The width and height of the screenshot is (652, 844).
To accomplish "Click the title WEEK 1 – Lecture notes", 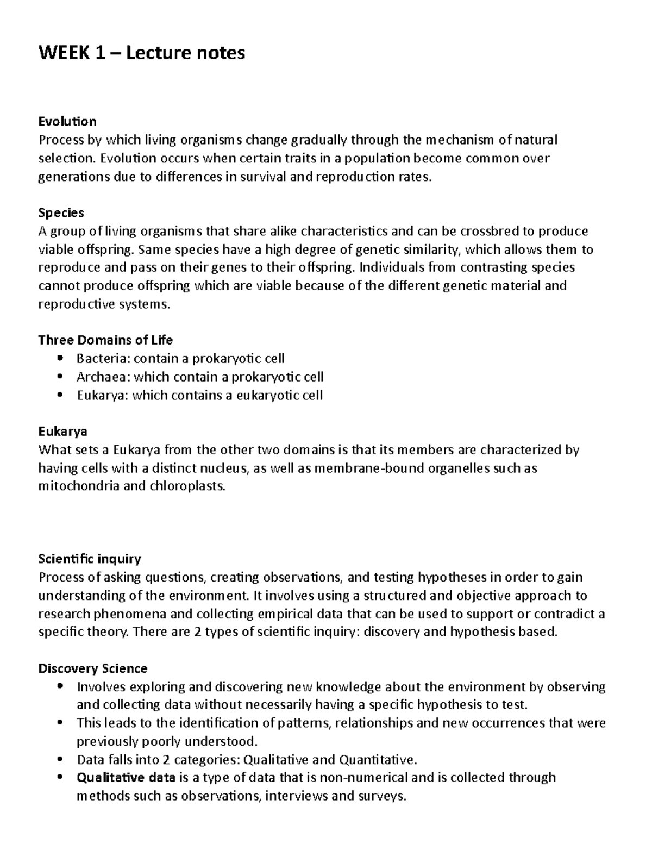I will tap(141, 53).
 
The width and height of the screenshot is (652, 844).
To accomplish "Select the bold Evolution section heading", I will tap(67, 121).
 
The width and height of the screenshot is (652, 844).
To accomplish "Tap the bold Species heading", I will tap(61, 212).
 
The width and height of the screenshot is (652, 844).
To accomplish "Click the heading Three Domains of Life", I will tap(105, 340).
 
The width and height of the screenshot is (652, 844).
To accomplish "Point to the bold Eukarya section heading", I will tap(62, 432).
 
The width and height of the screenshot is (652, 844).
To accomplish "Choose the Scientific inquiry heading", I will tap(90, 559).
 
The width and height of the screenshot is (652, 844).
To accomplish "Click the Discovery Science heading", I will tap(92, 668).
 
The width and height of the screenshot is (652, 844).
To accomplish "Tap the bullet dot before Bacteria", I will tap(60, 358).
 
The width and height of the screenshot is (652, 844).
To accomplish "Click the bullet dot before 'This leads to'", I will tap(60, 723).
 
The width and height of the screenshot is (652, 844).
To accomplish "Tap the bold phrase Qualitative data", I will tap(126, 778).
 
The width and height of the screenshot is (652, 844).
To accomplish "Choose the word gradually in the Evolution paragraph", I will tap(319, 140).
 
